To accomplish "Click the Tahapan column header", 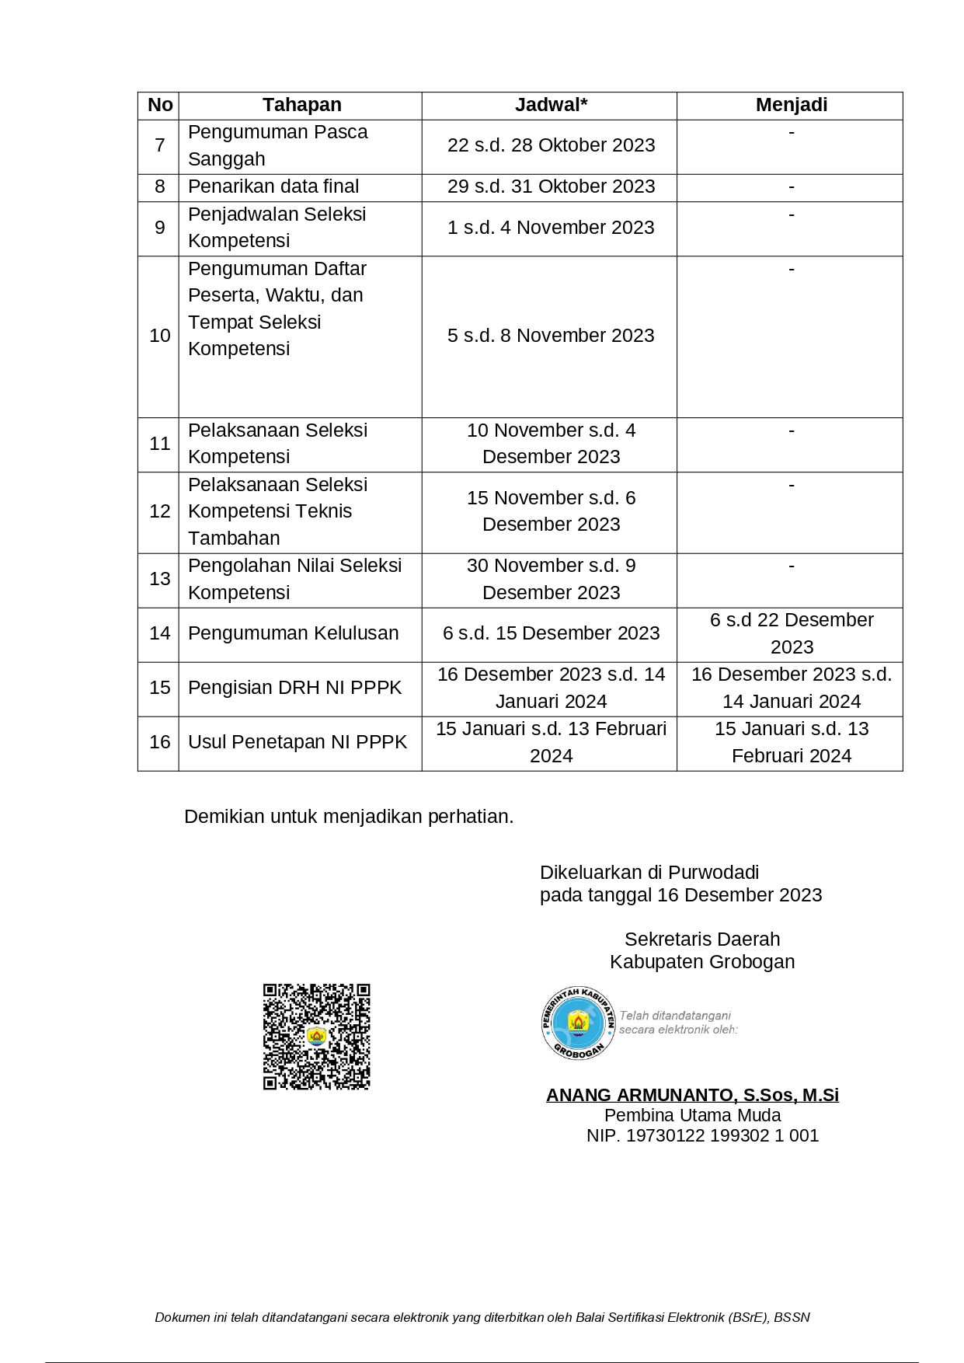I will coord(301,105).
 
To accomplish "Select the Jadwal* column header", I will coord(551,105).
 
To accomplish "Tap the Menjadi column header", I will coord(791,105).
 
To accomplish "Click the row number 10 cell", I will coord(159,336).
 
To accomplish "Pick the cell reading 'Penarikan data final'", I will coord(273,186).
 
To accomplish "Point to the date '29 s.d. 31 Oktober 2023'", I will coord(551,186).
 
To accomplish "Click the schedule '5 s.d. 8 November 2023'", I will coord(551,336).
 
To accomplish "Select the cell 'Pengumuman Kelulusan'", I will coord(293,633).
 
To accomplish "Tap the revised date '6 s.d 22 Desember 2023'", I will coord(791,633).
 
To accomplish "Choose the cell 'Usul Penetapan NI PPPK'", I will coord(297,742).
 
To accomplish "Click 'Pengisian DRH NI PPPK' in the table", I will coord(294,688).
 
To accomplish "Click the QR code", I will coord(316,1037).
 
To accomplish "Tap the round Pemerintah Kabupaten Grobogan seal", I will coord(578,1023).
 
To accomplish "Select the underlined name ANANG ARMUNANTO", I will coord(692,1095).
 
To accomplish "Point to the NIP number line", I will coord(702,1136).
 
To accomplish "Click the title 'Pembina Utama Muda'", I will coord(692,1116).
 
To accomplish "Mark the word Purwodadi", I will coord(713,873).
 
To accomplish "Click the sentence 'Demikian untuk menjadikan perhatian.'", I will coord(349,817).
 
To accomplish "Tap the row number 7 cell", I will coord(159,145).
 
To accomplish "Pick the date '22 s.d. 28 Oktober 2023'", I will coord(551,145).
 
